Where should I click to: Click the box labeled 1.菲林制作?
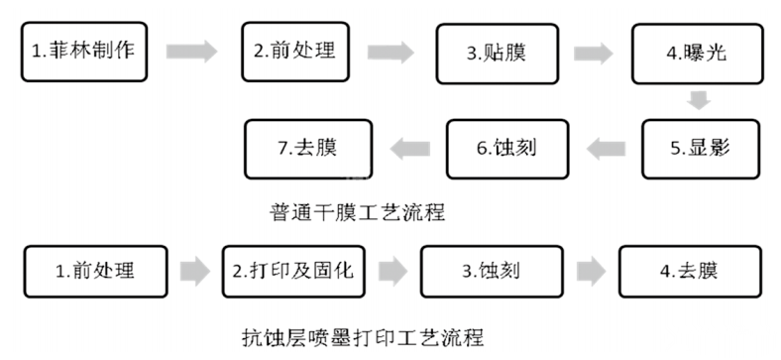[83, 52]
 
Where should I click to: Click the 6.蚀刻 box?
[507, 148]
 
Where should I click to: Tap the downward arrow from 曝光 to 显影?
[700, 100]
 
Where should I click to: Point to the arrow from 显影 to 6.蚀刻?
[606, 149]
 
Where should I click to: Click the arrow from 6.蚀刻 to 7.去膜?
[407, 149]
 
